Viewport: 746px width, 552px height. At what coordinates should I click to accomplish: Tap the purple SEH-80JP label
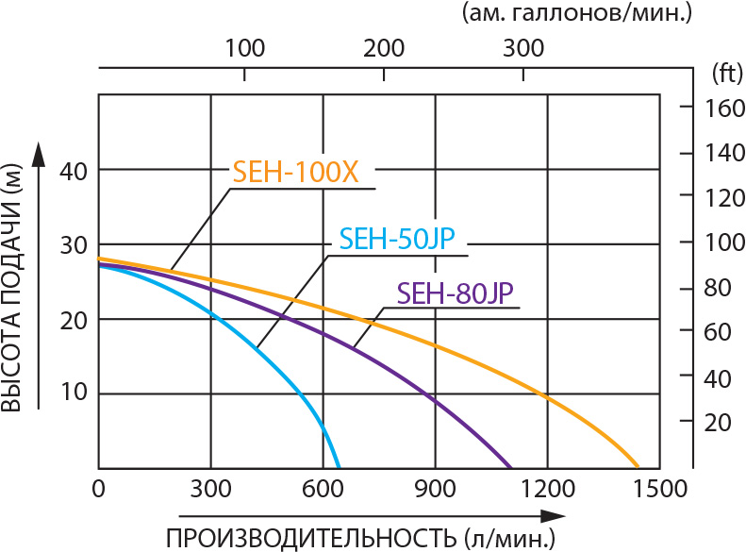point(456,293)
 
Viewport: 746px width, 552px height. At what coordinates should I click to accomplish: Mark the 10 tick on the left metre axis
point(76,393)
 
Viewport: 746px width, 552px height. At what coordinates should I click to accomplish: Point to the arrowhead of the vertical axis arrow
point(39,152)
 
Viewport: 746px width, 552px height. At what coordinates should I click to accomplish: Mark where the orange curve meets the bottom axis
point(638,467)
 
